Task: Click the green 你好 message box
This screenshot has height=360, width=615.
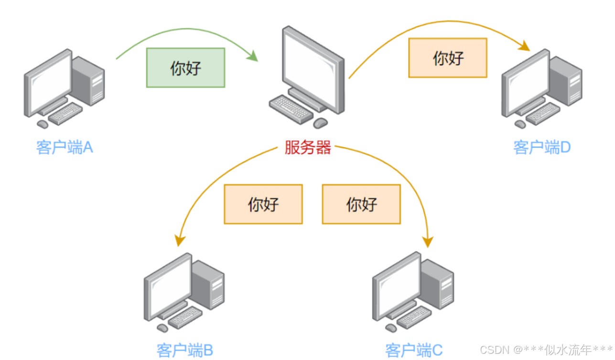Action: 185,67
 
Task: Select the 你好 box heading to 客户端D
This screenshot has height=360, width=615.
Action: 447,58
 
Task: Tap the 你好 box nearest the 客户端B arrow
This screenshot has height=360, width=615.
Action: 263,204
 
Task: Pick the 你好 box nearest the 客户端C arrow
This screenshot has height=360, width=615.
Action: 361,204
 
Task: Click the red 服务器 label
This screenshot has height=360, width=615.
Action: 307,147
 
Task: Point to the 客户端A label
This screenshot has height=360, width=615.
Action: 64,147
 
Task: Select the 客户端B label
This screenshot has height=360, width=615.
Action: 184,350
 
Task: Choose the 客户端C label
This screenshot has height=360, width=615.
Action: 414,350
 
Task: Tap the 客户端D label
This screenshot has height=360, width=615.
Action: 542,147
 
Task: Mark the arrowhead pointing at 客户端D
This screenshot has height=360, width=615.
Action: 525,46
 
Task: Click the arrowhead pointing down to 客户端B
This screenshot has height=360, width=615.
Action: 180,240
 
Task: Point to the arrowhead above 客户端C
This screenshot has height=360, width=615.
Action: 428,241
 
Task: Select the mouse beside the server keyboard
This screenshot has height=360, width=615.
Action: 320,123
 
